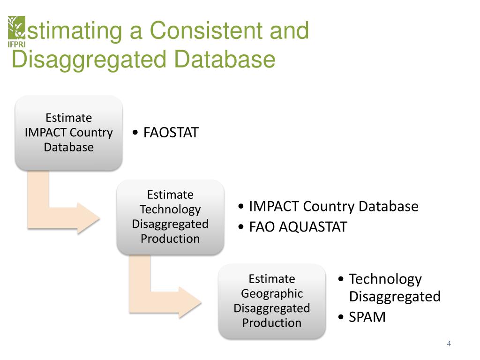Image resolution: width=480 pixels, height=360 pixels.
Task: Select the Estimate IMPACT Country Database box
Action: click(69, 133)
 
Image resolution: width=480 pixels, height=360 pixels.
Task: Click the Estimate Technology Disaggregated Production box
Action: click(170, 217)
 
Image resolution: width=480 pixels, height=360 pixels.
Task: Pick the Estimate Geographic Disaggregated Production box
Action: click(272, 301)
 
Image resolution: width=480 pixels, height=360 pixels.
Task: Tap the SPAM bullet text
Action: click(367, 317)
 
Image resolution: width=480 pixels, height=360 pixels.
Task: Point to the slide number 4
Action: click(449, 344)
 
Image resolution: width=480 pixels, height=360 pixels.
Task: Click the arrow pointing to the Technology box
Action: click(66, 206)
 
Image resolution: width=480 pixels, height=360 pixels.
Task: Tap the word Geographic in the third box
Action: click(272, 293)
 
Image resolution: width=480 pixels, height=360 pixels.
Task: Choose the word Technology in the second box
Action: click(170, 209)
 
